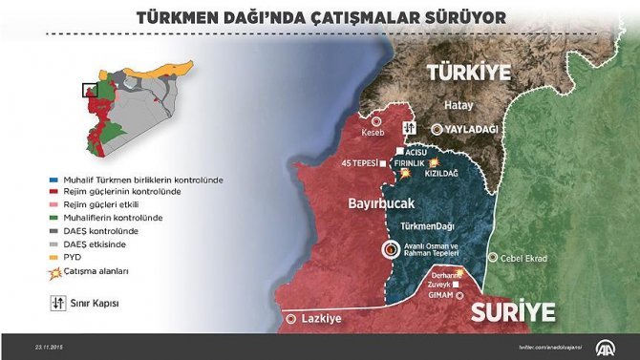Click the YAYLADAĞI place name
point(471,128)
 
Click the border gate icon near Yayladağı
point(409,127)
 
